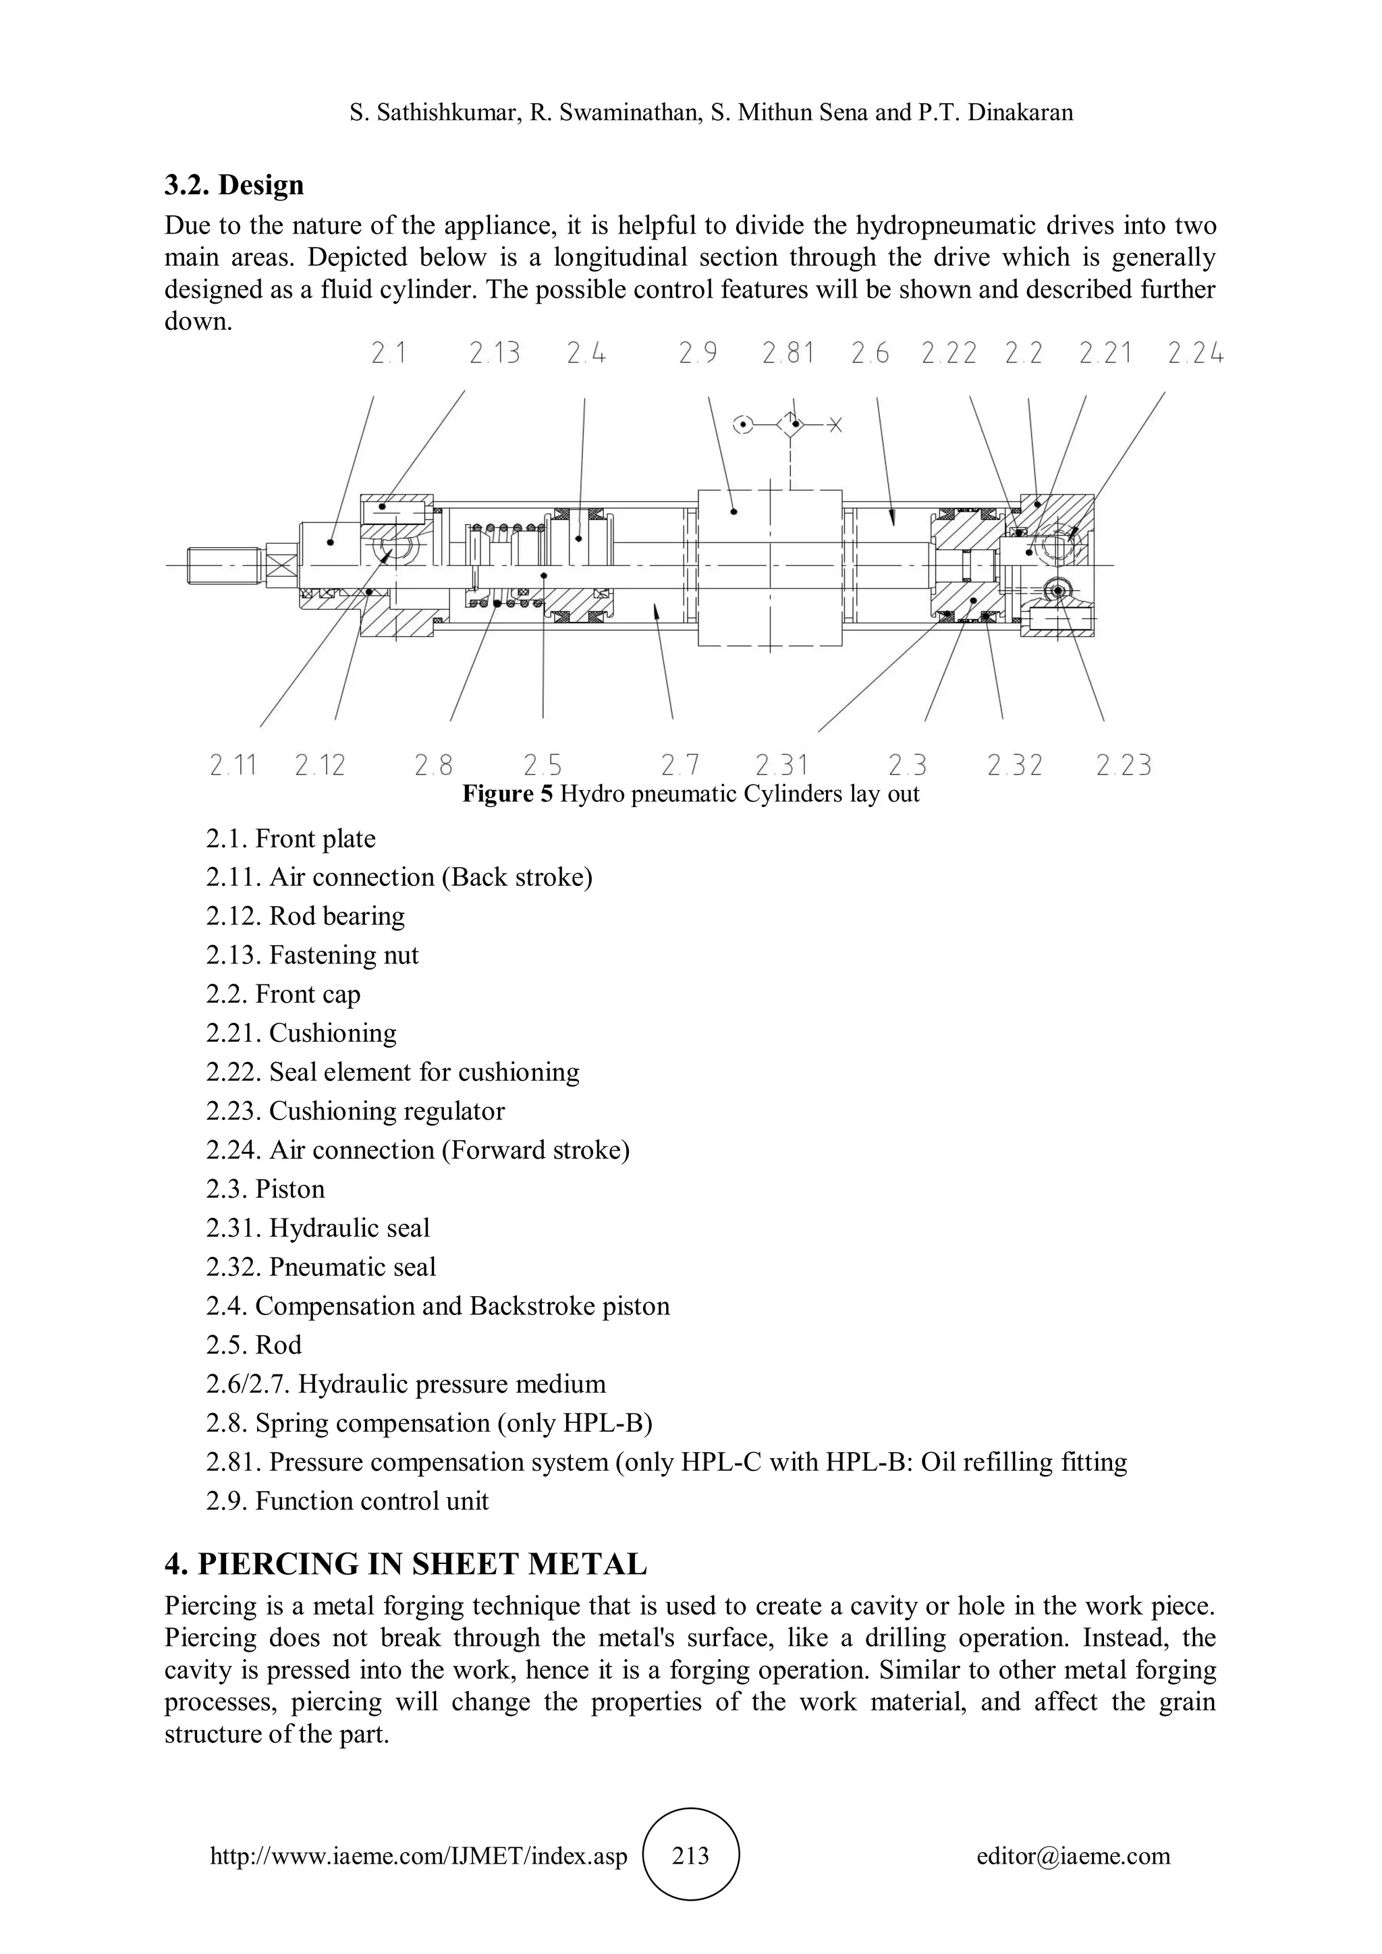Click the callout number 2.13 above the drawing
[495, 352]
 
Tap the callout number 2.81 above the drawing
[788, 352]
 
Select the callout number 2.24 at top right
[1195, 352]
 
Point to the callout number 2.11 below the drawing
[233, 766]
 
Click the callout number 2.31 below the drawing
[781, 766]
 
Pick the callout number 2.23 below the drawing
[1124, 766]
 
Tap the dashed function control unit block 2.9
[769, 567]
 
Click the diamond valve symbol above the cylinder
[792, 423]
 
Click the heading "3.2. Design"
[234, 185]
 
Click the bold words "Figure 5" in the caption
[507, 794]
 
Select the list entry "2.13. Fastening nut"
[312, 955]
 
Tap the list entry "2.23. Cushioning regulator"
[355, 1111]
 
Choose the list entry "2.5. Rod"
[254, 1345]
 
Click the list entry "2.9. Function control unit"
[348, 1501]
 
